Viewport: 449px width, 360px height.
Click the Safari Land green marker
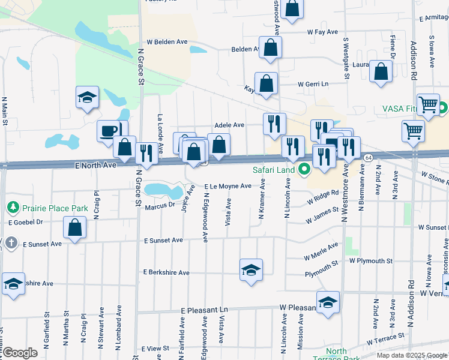coord(304,170)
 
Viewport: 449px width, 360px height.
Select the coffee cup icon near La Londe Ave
coord(109,131)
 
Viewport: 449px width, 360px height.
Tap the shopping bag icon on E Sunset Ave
coord(74,228)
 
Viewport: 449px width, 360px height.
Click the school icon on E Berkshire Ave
coord(252,270)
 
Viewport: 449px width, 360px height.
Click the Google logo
coord(20,353)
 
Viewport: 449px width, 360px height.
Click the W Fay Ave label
coord(322,31)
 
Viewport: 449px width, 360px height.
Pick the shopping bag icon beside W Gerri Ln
coord(266,84)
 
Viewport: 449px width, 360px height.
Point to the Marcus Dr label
coord(160,205)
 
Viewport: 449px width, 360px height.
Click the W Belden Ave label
coord(171,42)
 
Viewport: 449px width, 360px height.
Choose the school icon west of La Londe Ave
coord(87,97)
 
